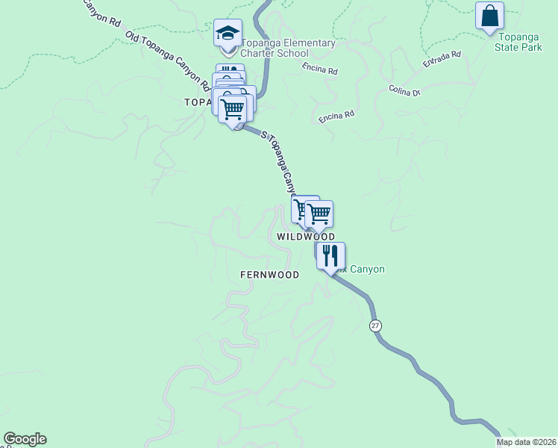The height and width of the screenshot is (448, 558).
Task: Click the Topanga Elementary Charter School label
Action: coord(287,48)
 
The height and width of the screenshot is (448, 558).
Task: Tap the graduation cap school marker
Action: coord(228,33)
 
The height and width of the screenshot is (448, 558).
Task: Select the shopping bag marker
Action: coord(489,15)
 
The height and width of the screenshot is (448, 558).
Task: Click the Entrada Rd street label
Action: coord(442,60)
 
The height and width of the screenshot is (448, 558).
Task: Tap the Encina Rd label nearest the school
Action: coord(321,70)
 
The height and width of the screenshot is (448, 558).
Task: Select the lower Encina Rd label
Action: coord(336,116)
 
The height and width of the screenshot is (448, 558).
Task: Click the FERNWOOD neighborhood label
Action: coord(269,275)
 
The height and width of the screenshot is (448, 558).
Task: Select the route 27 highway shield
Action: coord(374,326)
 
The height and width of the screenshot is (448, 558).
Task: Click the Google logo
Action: coord(25,439)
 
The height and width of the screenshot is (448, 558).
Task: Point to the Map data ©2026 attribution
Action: coord(527,442)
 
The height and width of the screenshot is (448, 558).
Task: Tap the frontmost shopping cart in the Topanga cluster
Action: coord(233,109)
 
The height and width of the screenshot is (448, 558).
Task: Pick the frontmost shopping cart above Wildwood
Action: coord(319,214)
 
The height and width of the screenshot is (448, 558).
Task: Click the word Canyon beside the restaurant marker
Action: coord(367,269)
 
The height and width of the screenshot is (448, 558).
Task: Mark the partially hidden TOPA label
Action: coord(198,102)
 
